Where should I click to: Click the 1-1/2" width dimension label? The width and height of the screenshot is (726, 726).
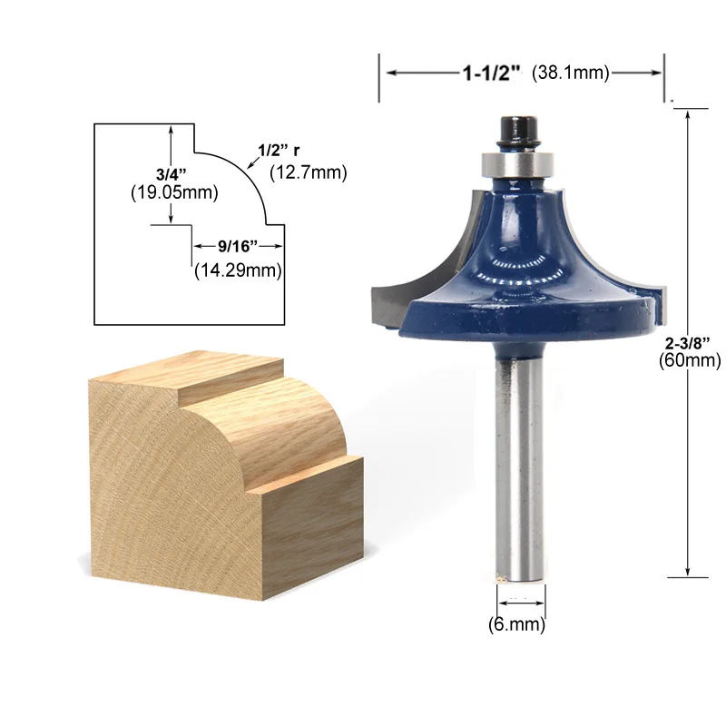[x=491, y=74]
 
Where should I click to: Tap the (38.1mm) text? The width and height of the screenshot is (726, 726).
[x=571, y=73]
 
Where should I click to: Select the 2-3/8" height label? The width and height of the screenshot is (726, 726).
[x=688, y=343]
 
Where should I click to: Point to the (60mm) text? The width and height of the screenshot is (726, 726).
[x=690, y=359]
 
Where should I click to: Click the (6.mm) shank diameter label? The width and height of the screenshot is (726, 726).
[x=516, y=624]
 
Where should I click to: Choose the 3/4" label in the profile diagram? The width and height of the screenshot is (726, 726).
[x=171, y=174]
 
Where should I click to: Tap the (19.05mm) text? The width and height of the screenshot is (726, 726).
[x=174, y=192]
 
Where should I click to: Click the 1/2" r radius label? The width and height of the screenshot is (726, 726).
[x=279, y=150]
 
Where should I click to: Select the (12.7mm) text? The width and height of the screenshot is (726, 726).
[x=309, y=172]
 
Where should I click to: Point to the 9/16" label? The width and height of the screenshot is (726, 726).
[x=238, y=246]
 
